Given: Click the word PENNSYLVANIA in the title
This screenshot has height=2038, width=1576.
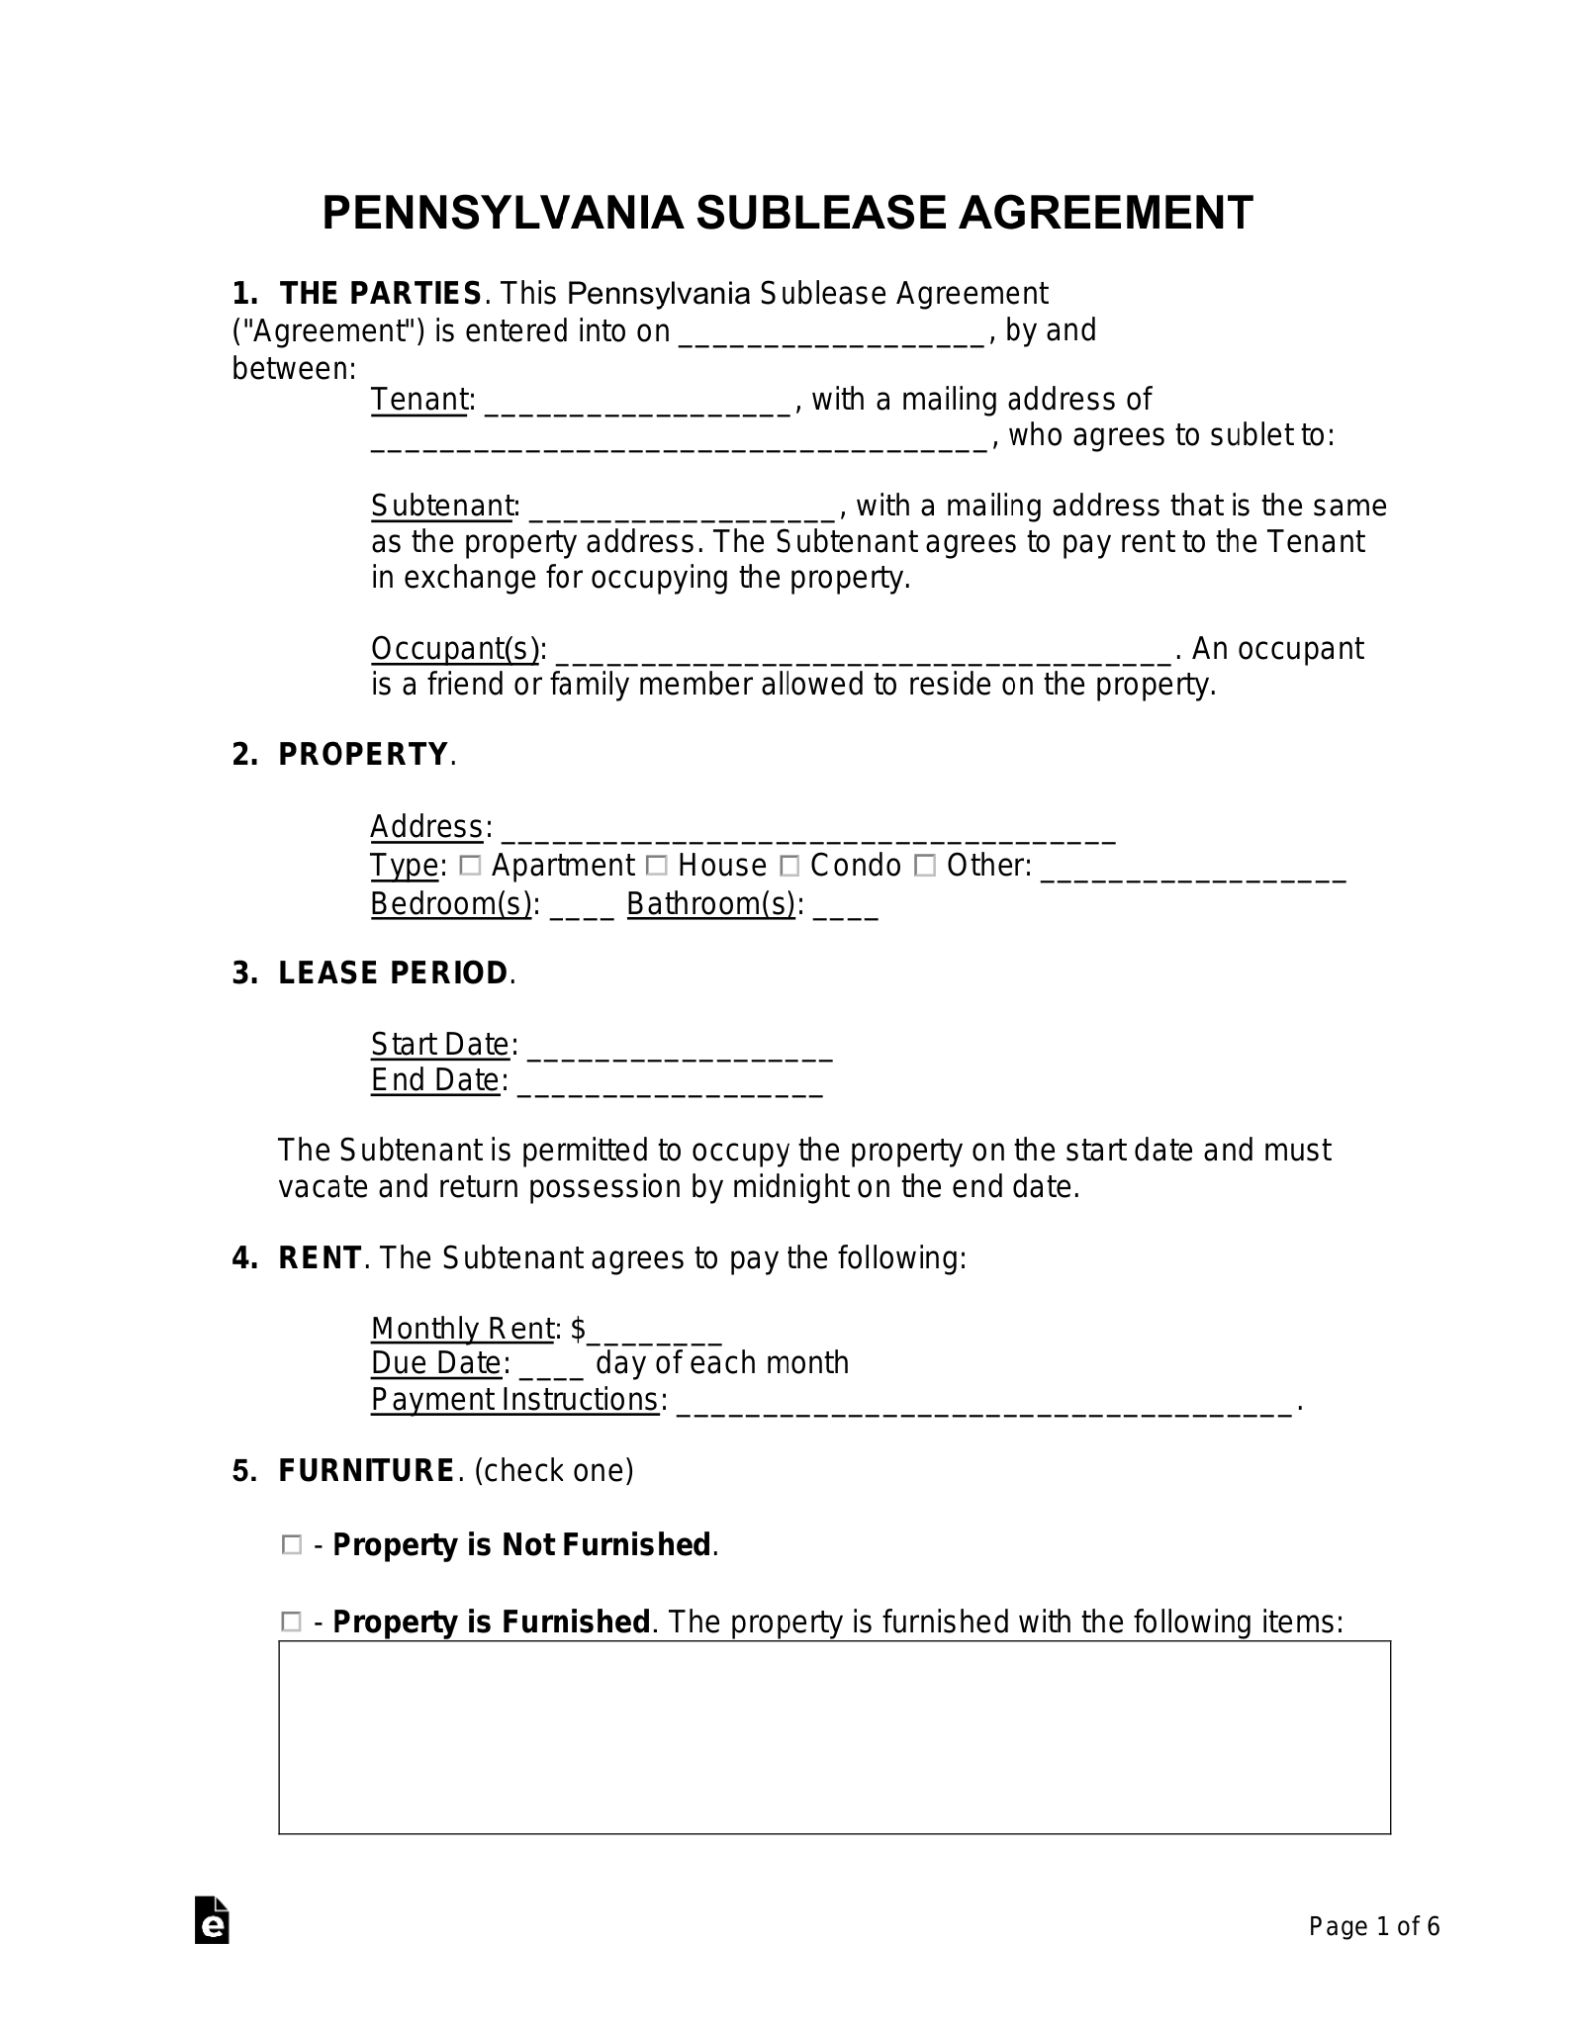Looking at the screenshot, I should click(x=502, y=213).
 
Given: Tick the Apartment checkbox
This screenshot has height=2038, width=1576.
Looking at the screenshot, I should click(x=471, y=866).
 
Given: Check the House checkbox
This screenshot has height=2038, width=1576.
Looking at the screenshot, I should click(x=657, y=866).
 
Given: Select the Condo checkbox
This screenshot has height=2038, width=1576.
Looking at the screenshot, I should click(x=789, y=866).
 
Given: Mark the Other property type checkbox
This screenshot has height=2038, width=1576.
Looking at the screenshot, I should click(x=925, y=866).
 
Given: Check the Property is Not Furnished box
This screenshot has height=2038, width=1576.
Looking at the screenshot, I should click(x=291, y=1545).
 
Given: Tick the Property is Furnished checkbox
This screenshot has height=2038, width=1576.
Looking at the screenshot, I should click(x=291, y=1622).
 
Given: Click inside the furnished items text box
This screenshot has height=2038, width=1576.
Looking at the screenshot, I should click(x=833, y=1736).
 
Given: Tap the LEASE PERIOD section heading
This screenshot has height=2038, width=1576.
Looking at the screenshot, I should click(x=393, y=973).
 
